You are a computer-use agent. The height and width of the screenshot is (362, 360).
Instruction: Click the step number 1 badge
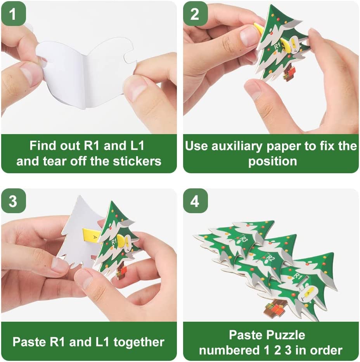(13, 14)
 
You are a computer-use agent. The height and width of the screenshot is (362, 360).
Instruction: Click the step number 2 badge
(195, 14)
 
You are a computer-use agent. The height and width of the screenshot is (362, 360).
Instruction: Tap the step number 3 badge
(13, 201)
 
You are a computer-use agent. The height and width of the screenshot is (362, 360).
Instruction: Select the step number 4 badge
(195, 201)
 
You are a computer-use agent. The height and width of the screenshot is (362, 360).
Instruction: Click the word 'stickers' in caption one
(137, 161)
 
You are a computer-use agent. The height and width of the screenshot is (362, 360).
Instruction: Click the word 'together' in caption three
(139, 342)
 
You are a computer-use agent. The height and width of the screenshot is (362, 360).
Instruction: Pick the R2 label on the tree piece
(270, 258)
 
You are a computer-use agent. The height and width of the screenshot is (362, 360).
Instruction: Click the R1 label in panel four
(298, 276)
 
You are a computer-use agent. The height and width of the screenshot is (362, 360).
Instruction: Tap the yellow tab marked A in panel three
(92, 236)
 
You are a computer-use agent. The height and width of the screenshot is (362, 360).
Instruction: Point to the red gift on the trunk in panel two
(291, 72)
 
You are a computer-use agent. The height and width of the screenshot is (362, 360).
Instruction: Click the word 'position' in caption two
(272, 162)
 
